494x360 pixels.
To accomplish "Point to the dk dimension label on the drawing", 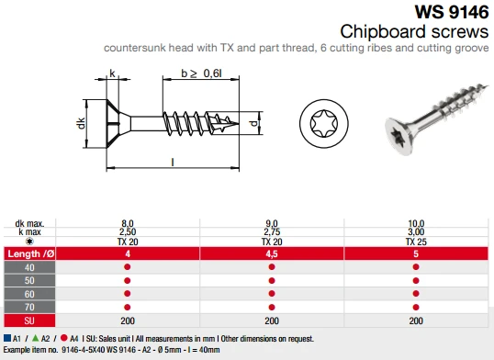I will tap(82, 122).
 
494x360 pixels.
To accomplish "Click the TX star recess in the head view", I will tap(323, 121).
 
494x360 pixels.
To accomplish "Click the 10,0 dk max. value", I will tap(416, 222).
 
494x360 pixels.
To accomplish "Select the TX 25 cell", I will tap(416, 240).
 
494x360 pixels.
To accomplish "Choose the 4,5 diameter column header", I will tap(271, 253).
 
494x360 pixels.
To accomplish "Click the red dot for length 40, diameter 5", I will tap(416, 267).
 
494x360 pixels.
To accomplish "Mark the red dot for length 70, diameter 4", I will tap(127, 307).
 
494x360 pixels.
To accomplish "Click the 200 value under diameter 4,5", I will tap(271, 321).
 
